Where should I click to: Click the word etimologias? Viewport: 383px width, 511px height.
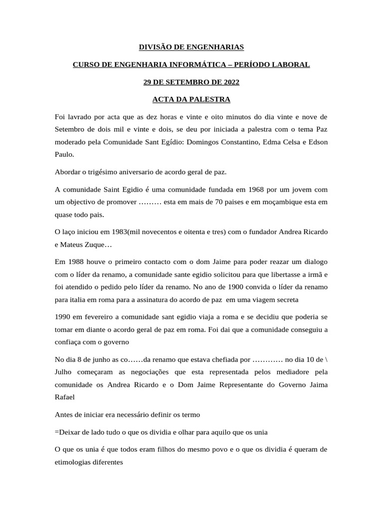pyautogui.click(x=79, y=462)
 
